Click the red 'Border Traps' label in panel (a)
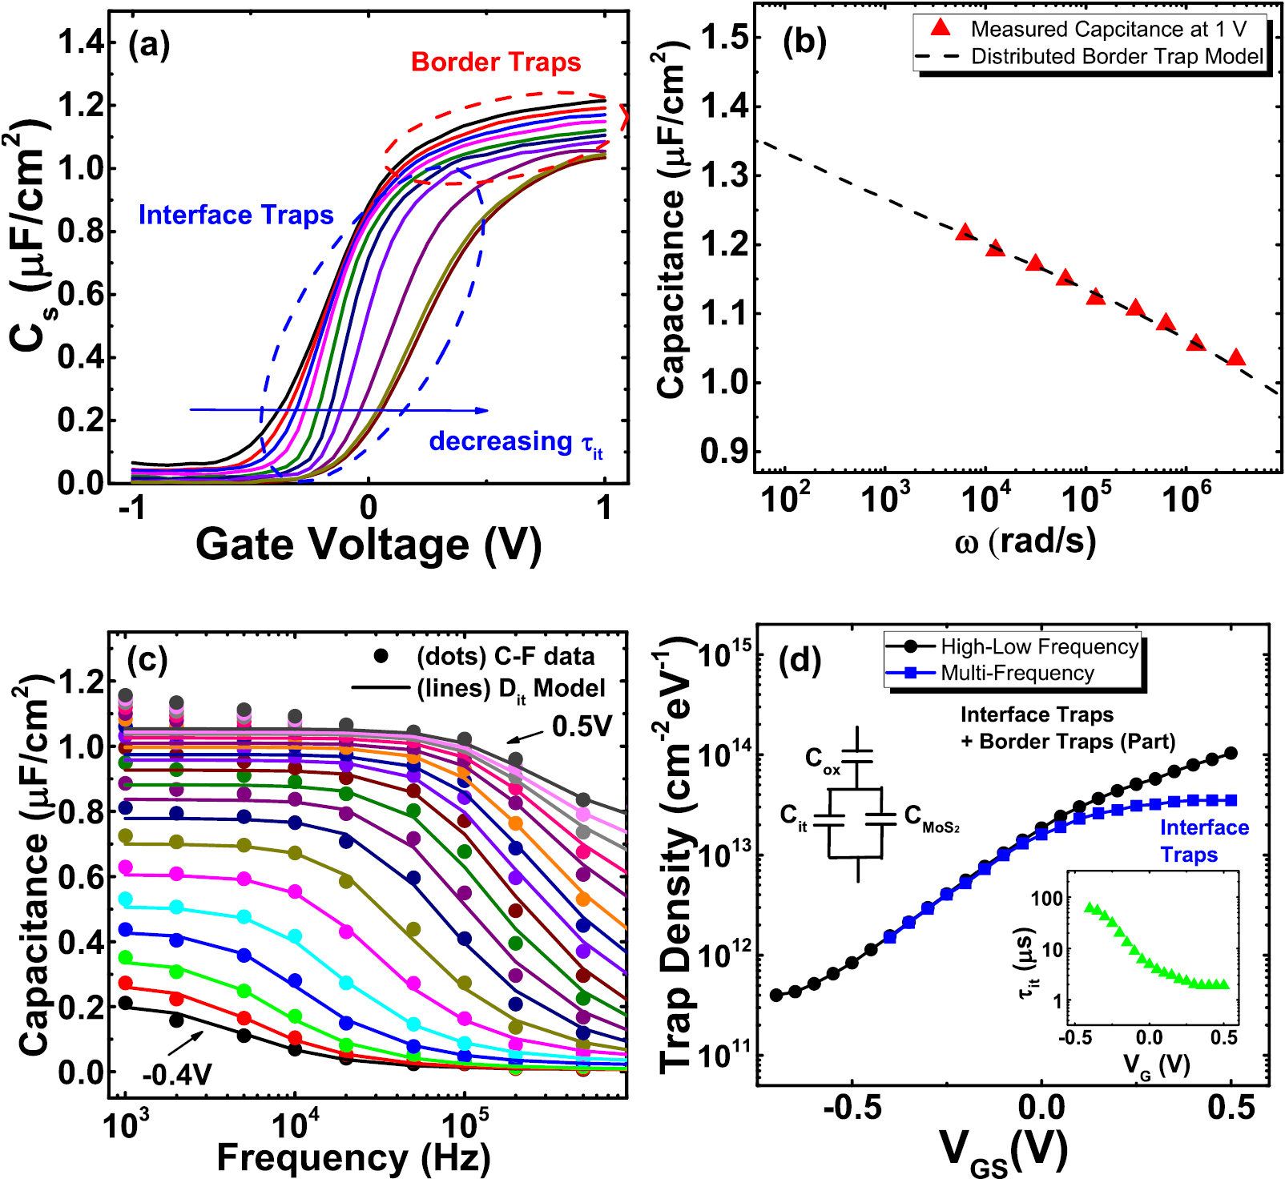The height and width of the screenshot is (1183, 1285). [495, 62]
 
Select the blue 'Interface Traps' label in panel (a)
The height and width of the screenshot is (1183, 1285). [236, 215]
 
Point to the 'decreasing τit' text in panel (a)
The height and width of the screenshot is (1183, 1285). [515, 442]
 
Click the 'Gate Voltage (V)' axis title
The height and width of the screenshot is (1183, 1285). [369, 545]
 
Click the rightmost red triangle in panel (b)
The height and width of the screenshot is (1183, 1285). [1236, 357]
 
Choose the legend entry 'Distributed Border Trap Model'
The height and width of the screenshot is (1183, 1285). [1117, 57]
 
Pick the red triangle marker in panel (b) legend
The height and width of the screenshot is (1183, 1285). [941, 29]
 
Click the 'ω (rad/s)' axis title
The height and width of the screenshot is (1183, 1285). [1025, 542]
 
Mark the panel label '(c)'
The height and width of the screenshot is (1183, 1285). [147, 659]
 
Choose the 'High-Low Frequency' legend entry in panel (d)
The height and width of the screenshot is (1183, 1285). [1039, 646]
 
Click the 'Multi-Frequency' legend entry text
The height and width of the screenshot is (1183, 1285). [1017, 673]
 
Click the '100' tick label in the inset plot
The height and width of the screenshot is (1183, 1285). [1046, 898]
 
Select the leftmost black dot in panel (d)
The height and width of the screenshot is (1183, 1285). [775, 995]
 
